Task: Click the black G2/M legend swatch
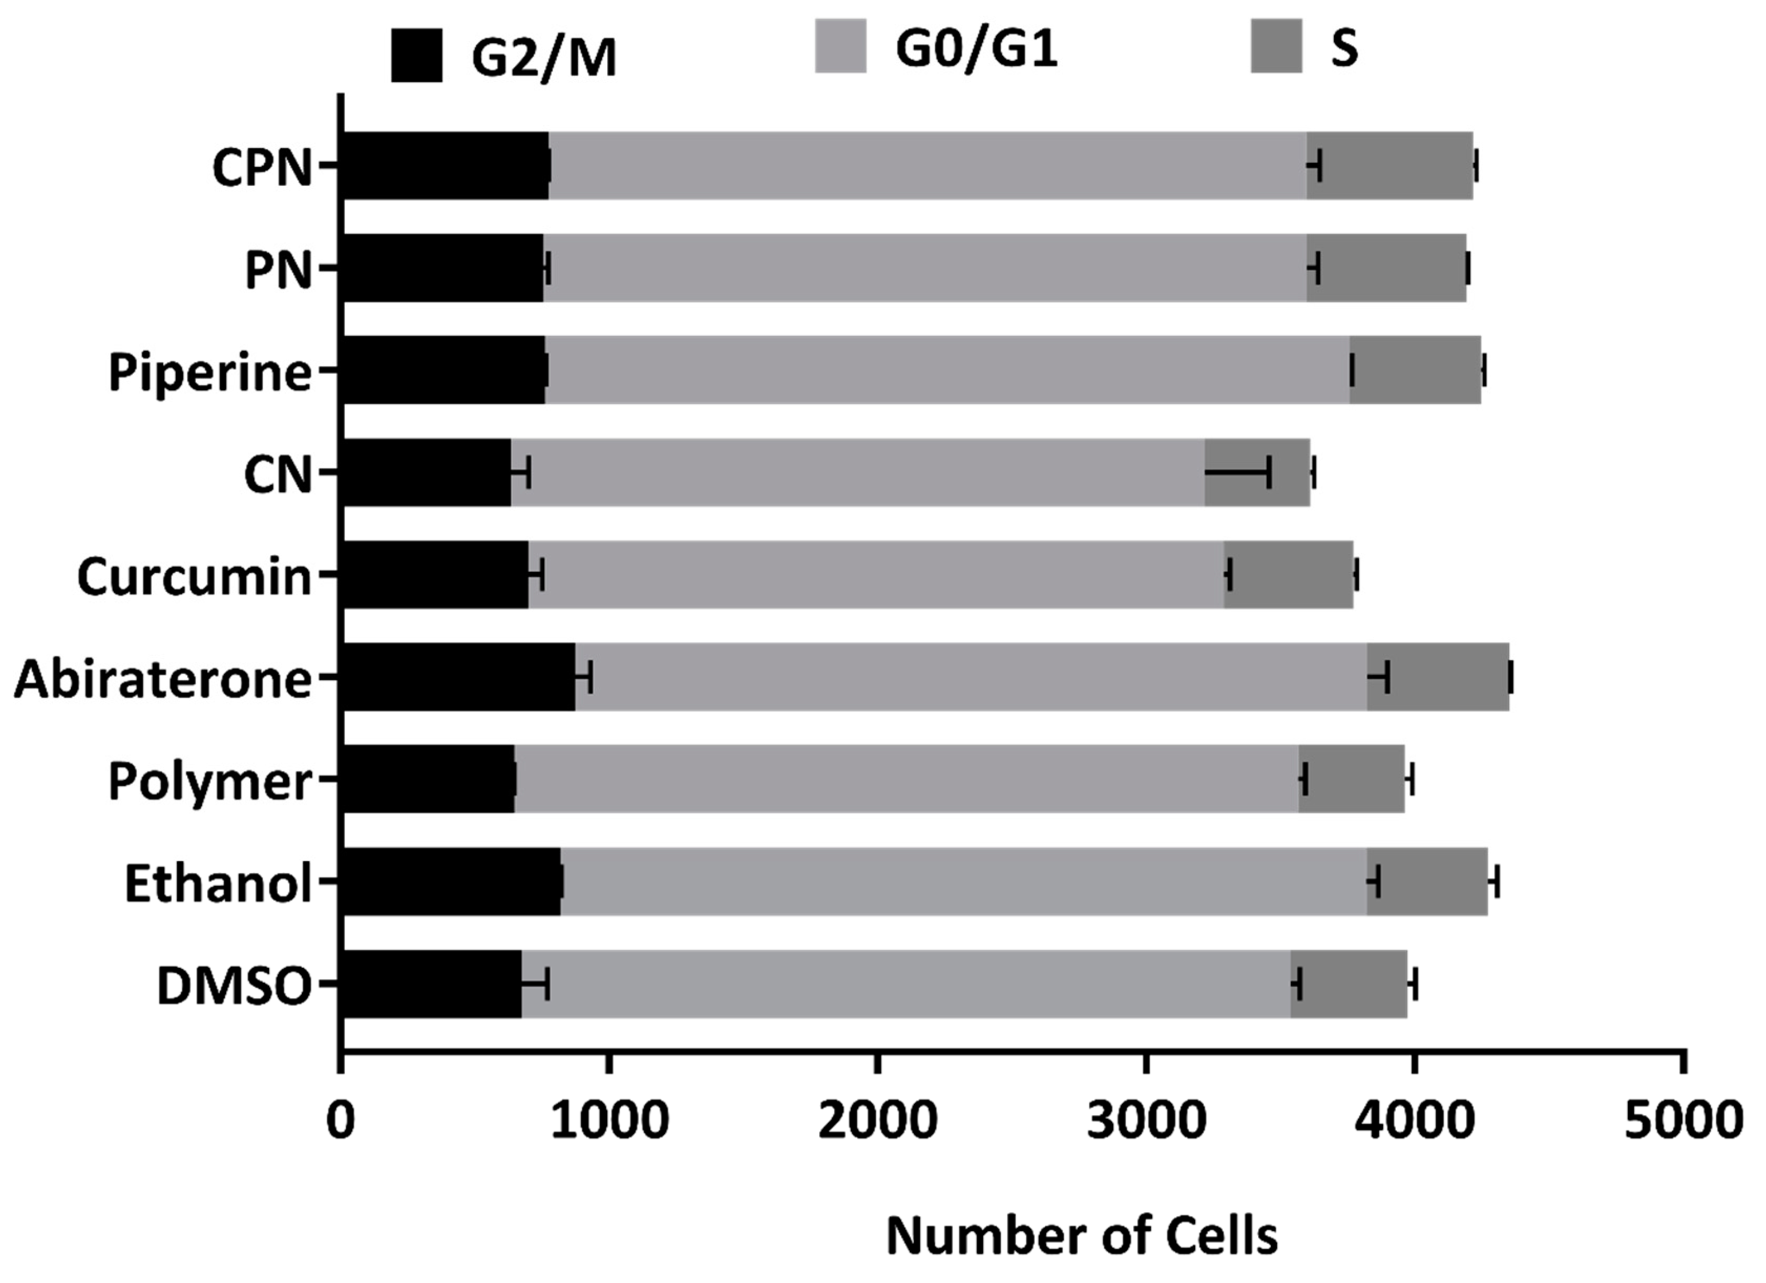(x=417, y=55)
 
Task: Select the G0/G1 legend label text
(x=976, y=48)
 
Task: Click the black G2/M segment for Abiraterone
(x=458, y=677)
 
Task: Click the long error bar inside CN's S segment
(x=1238, y=472)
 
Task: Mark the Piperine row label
(x=209, y=372)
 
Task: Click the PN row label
(x=278, y=270)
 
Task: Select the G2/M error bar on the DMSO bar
(x=535, y=983)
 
